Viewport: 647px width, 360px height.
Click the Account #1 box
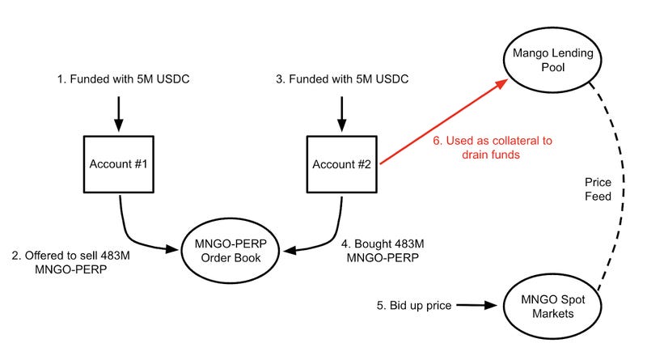119,165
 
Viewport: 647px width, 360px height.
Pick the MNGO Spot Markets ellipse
554,305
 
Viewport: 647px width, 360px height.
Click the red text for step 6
492,147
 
